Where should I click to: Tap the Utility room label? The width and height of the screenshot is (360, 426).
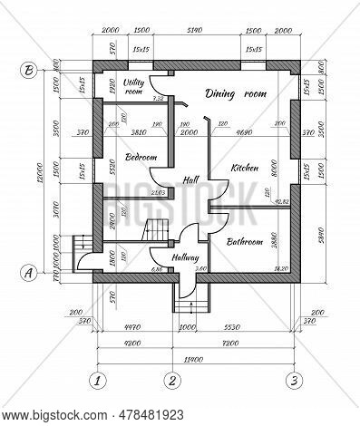[x=133, y=86]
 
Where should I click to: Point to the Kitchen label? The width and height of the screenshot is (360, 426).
[x=245, y=168]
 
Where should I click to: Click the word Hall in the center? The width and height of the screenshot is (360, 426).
[x=190, y=179]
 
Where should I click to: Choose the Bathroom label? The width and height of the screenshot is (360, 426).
[x=244, y=242]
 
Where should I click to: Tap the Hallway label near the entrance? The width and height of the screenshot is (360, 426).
[x=185, y=257]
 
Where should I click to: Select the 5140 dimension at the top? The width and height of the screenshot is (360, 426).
[x=192, y=30]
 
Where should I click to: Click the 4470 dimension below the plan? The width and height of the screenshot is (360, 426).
[x=131, y=324]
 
